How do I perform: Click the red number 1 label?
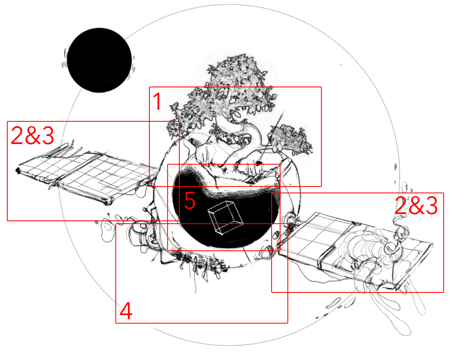(157, 101)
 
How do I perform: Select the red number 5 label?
(190, 200)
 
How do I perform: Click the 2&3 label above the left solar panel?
(32, 136)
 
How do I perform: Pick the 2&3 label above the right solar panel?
(416, 206)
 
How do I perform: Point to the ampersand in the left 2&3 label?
(32, 136)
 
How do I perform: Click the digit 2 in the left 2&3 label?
(17, 136)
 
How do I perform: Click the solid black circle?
(99, 60)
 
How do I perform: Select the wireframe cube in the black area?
(225, 217)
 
